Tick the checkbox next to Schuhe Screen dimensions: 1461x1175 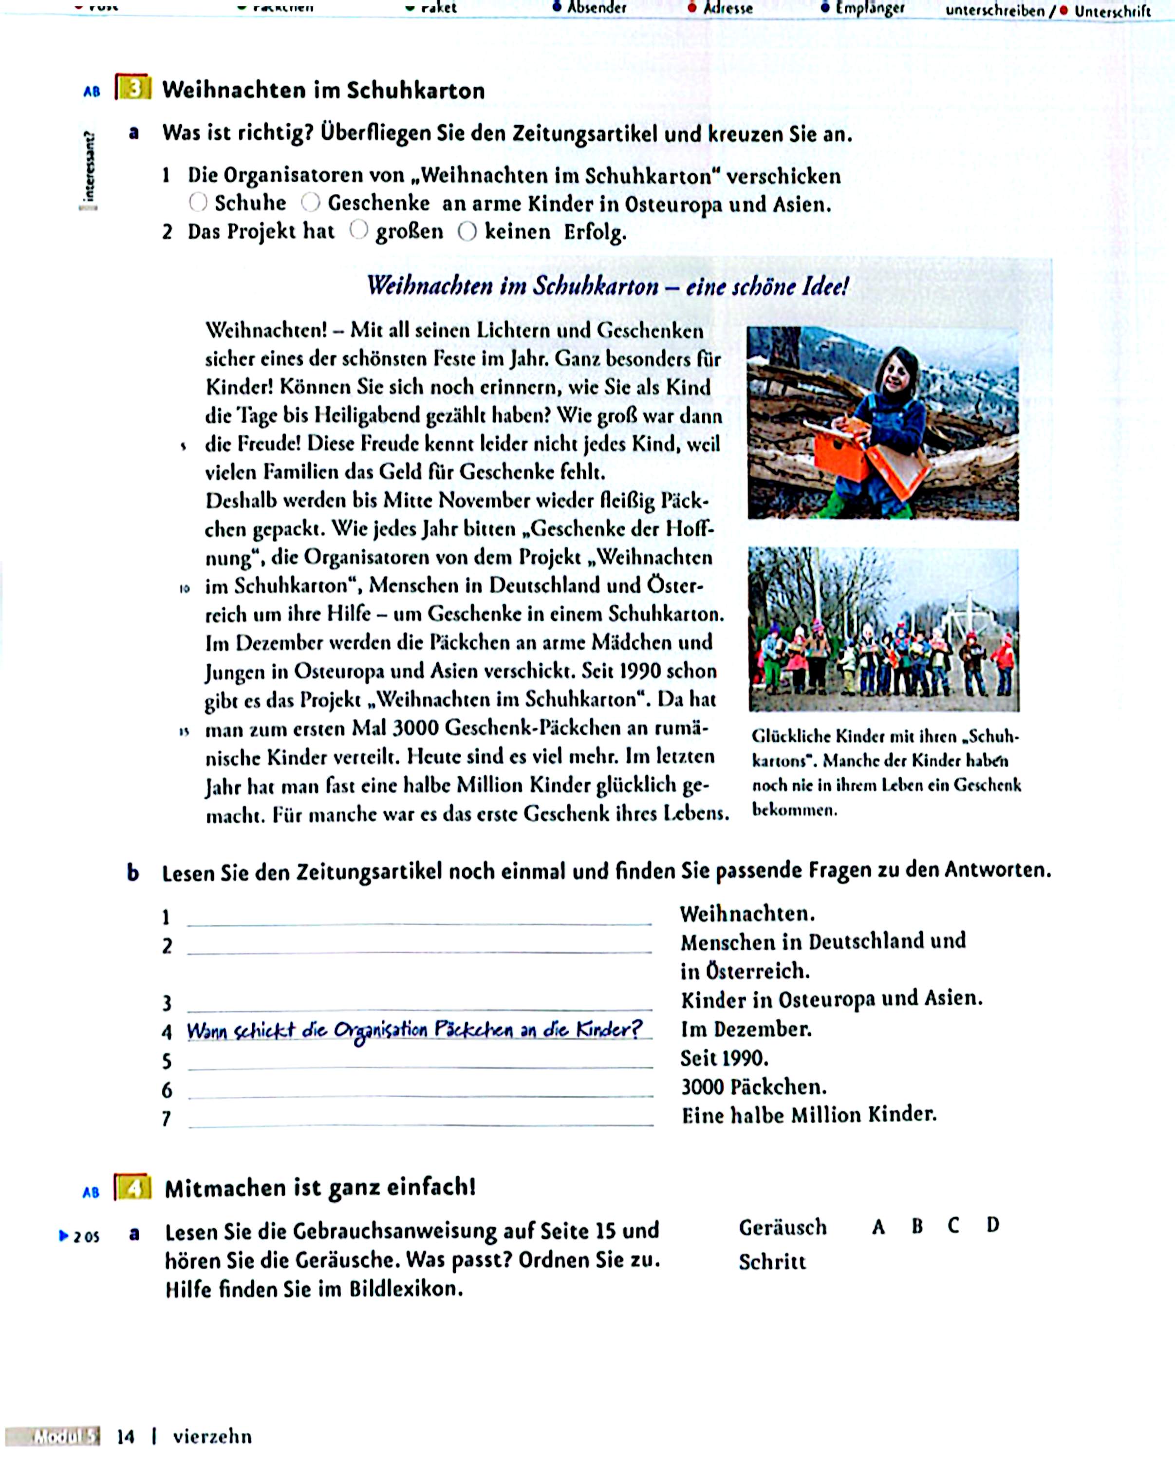[x=198, y=202]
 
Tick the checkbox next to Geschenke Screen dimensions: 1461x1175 [x=310, y=202]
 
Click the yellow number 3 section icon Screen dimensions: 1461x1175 [x=133, y=87]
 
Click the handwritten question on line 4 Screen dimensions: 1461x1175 [x=413, y=1030]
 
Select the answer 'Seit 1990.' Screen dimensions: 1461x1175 [x=724, y=1058]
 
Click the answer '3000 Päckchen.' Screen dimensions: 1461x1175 [x=753, y=1087]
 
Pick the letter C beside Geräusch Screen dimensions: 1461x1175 [x=953, y=1226]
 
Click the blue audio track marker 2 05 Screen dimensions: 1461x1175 [x=80, y=1236]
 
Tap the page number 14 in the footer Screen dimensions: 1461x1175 [x=126, y=1436]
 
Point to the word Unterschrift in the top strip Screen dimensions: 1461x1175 [x=1112, y=11]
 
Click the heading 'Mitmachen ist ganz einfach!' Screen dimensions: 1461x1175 [x=320, y=1188]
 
